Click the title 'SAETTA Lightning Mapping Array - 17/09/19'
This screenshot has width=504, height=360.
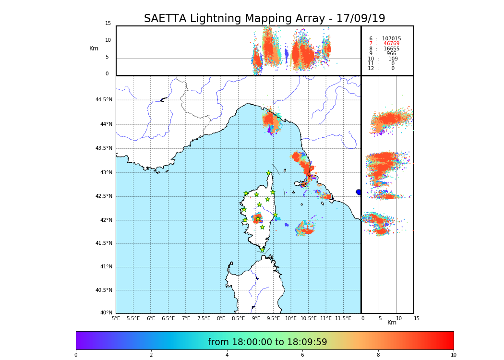[x=264, y=19]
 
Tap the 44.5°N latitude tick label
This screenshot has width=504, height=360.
[x=104, y=100]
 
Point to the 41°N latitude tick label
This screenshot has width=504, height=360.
[x=106, y=267]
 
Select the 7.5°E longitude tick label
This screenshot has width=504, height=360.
[x=204, y=318]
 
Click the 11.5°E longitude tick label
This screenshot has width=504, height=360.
[x=343, y=318]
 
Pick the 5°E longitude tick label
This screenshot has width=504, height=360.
[x=116, y=318]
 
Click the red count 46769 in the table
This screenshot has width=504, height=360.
[x=391, y=44]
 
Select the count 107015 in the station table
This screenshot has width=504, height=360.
[x=391, y=39]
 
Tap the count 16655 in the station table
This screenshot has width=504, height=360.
[x=391, y=49]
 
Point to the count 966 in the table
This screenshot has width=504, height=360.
[x=391, y=54]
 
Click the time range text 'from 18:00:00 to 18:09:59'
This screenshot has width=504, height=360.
[x=267, y=342]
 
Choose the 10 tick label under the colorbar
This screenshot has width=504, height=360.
[x=453, y=355]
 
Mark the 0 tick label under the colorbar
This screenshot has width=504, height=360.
[x=76, y=355]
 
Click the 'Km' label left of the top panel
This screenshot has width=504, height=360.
[x=94, y=48]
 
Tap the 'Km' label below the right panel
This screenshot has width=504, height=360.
[x=392, y=323]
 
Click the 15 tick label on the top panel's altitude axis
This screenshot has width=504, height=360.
[x=108, y=24]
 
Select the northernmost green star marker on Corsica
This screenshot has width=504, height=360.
[x=269, y=173]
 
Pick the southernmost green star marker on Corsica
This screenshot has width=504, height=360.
[x=262, y=250]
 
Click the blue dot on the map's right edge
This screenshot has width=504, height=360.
[x=359, y=192]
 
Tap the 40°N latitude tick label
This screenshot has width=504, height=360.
[x=106, y=313]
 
